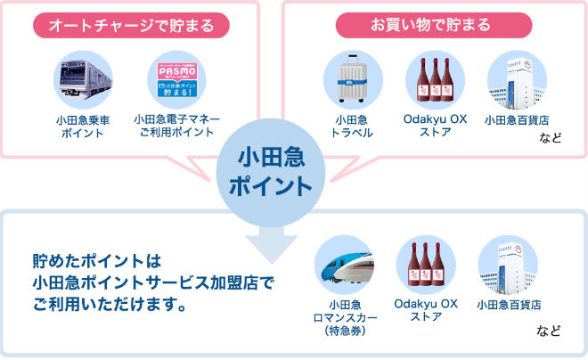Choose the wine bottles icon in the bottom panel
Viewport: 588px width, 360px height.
click(425, 265)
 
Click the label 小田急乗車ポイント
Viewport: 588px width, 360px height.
click(81, 126)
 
